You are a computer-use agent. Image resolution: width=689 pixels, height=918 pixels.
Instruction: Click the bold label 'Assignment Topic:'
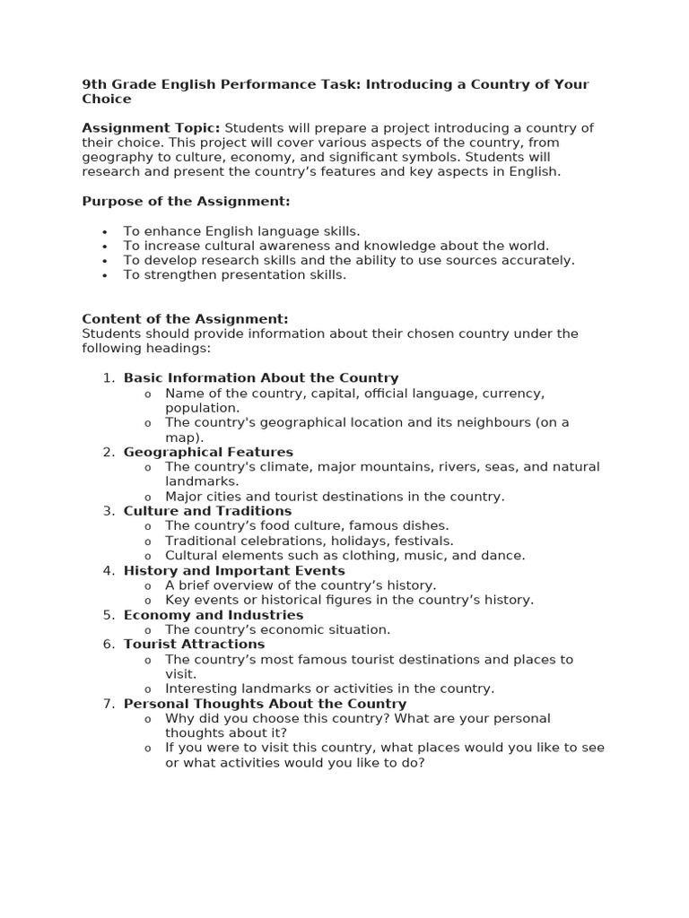[151, 128]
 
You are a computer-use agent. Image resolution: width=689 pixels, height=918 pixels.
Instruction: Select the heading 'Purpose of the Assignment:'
[186, 202]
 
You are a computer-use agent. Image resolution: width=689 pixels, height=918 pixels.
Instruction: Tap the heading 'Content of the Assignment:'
[185, 319]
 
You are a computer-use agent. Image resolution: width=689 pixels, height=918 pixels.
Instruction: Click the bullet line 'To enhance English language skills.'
[241, 231]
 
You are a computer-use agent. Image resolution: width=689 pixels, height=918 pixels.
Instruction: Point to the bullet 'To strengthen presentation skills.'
[234, 275]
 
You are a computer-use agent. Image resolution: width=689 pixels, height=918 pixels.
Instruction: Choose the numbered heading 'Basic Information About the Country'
[261, 378]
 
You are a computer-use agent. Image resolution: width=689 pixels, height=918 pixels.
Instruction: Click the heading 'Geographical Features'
[208, 452]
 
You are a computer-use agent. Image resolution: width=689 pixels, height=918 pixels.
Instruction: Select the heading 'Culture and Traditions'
[207, 511]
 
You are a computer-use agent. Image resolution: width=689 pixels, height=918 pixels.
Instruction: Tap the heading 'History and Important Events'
[234, 570]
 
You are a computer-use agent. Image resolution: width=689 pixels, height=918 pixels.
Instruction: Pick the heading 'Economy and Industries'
[214, 615]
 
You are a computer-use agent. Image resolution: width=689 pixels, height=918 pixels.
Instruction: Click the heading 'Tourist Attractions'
[194, 644]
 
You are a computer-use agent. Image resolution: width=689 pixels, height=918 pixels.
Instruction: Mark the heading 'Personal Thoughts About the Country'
[265, 704]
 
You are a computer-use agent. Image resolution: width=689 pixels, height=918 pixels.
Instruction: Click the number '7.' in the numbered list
[109, 704]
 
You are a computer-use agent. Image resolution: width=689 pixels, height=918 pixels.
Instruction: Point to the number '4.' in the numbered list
[109, 570]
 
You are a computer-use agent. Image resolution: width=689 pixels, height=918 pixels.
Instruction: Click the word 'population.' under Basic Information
[202, 408]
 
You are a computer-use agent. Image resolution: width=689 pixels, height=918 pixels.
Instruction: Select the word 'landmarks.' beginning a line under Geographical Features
[202, 481]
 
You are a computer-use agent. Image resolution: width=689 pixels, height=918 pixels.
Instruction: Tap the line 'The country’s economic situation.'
[278, 629]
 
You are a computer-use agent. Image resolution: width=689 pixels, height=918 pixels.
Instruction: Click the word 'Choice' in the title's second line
[106, 100]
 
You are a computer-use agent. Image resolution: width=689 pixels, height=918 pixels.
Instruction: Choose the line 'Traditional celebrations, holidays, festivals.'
[310, 541]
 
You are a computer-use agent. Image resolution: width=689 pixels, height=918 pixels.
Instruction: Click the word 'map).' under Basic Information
[185, 437]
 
